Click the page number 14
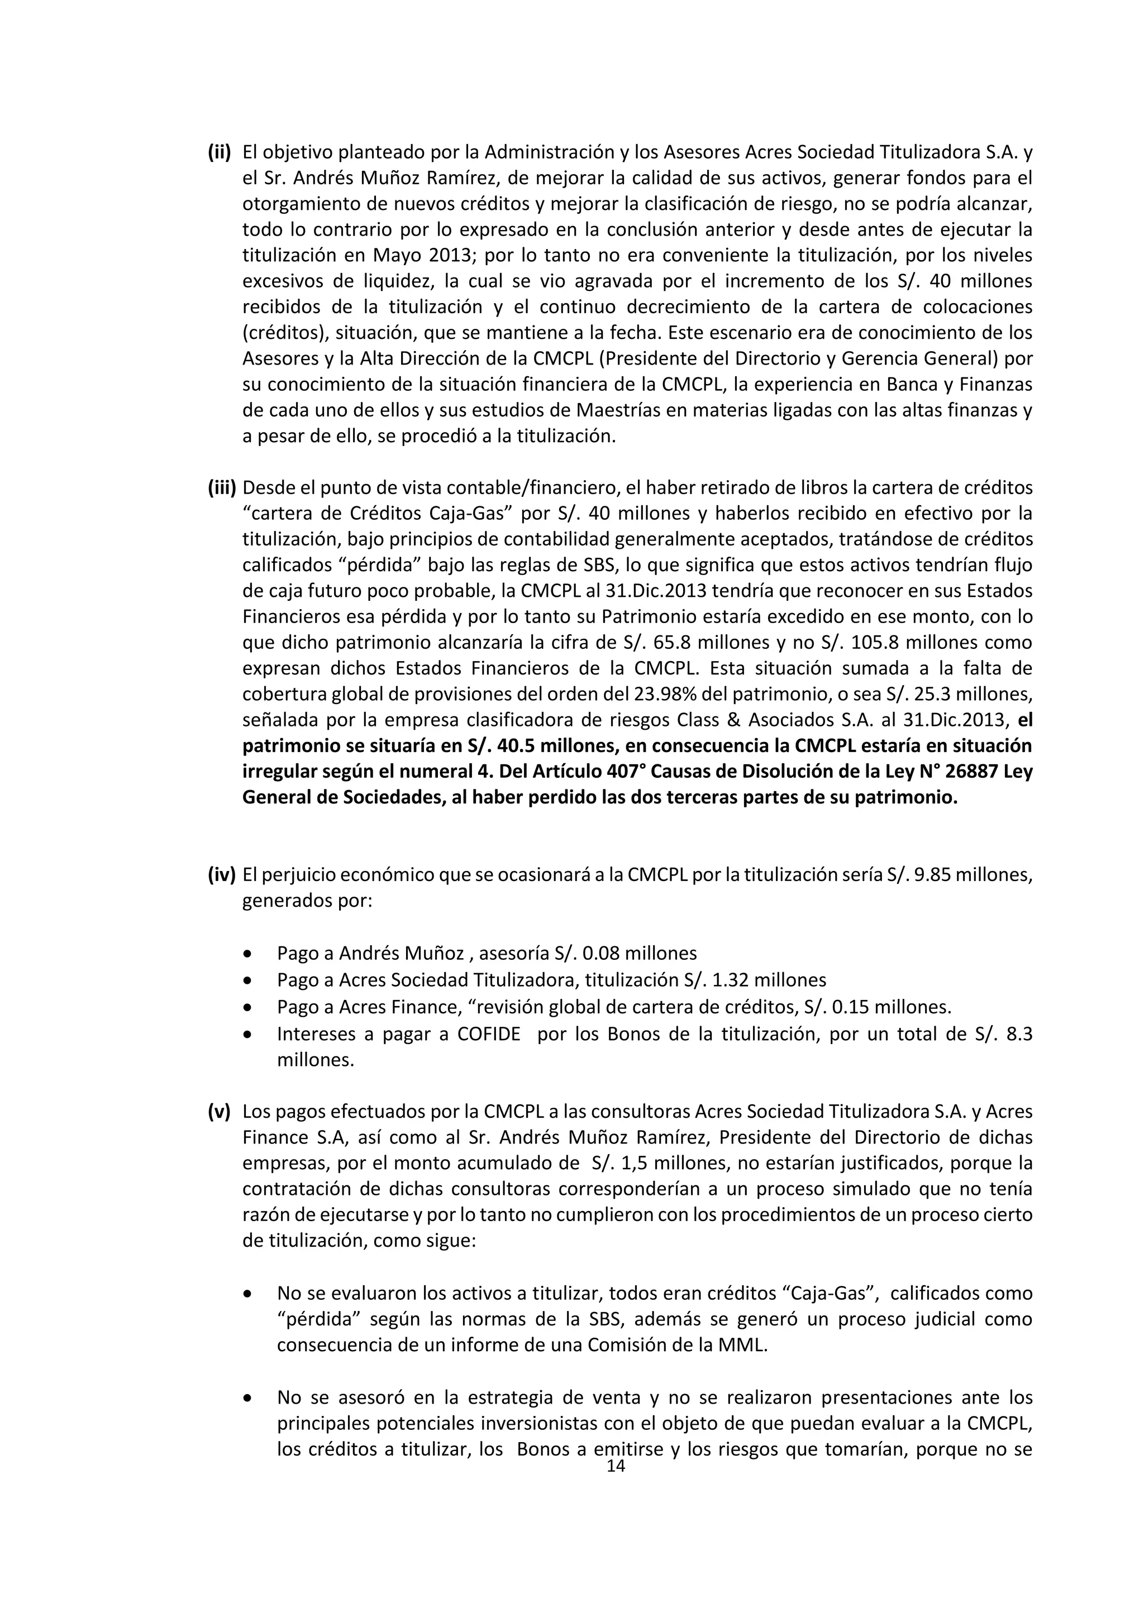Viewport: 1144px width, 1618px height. click(x=616, y=1467)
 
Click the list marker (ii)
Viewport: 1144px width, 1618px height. click(x=219, y=152)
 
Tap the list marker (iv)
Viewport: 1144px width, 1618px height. click(x=221, y=875)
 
